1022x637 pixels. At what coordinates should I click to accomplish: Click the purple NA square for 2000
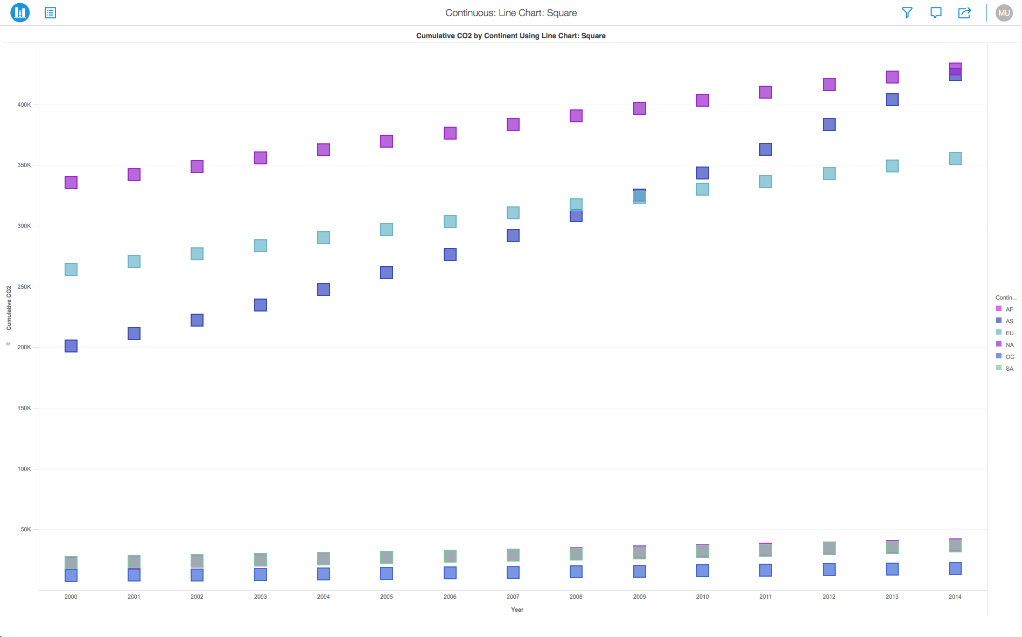[71, 183]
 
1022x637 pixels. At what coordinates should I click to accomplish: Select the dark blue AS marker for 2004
[324, 289]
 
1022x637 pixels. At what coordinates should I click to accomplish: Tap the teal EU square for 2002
[197, 254]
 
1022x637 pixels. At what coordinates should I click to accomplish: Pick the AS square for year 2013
[892, 100]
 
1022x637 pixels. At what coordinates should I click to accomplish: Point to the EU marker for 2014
[955, 158]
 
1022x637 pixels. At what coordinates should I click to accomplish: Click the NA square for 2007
[513, 124]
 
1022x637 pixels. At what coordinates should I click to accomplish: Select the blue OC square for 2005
[387, 573]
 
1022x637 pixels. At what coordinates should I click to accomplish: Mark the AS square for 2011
[766, 149]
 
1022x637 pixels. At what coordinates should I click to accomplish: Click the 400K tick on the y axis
[24, 105]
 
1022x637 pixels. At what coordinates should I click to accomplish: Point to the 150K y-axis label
[24, 408]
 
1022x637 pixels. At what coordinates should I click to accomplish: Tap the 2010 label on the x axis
[703, 597]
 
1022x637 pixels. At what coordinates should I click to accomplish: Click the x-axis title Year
[517, 610]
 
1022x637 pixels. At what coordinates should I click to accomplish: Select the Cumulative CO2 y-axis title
[9, 308]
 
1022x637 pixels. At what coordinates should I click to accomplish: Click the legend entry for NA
[1009, 345]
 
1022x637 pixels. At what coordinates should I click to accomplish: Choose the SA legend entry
[1009, 369]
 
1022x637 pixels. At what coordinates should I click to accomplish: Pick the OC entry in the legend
[1009, 357]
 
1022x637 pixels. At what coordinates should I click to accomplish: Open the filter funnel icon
[907, 12]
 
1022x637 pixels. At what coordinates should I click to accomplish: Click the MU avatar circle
[1004, 13]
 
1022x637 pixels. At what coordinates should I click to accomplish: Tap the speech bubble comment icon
[936, 12]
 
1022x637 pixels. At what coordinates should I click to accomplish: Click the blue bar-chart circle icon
[20, 12]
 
